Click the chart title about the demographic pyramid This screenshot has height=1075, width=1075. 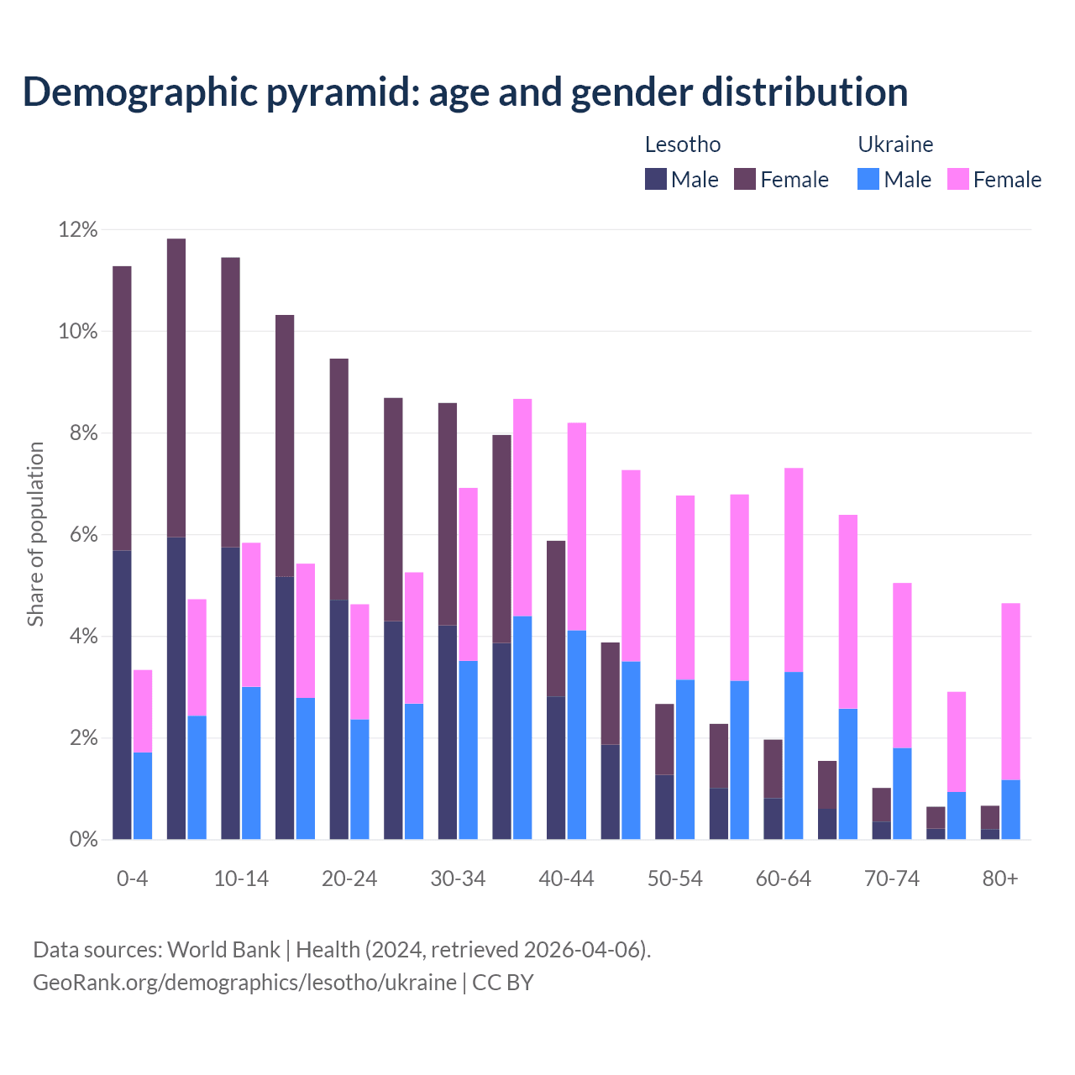point(465,92)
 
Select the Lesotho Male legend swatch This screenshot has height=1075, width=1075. point(655,179)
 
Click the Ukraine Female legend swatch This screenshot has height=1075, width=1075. point(957,179)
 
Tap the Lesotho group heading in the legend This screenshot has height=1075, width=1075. point(682,144)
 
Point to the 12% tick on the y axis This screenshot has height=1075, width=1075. point(78,229)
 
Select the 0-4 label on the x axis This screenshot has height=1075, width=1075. point(132,878)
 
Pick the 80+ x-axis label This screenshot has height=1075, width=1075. point(999,878)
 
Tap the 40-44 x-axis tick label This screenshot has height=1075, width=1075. point(566,878)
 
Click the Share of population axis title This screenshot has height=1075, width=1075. point(35,534)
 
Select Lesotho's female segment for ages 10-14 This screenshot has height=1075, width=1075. point(230,402)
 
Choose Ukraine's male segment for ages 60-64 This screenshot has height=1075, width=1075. point(794,755)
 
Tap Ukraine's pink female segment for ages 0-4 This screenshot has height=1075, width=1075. point(143,711)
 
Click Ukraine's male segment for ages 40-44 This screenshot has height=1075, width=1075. point(577,735)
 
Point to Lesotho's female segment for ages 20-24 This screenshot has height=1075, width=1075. point(338,479)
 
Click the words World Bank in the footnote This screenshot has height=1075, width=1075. point(223,950)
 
